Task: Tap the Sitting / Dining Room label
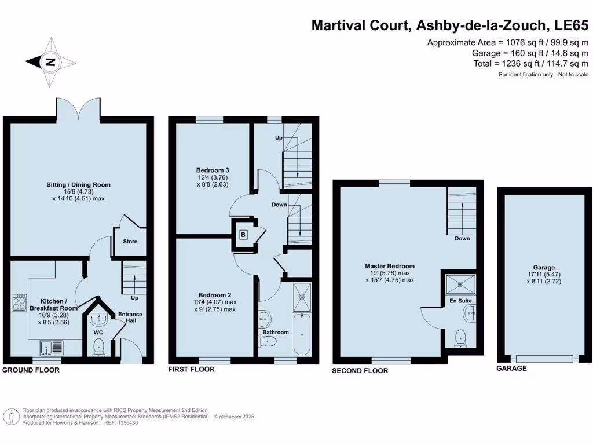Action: pyautogui.click(x=78, y=185)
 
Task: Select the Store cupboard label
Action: pyautogui.click(x=130, y=241)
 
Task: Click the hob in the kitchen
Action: pyautogui.click(x=19, y=302)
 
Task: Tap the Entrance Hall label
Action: pyautogui.click(x=130, y=318)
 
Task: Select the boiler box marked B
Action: pyautogui.click(x=243, y=235)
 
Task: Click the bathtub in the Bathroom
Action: pyautogui.click(x=302, y=334)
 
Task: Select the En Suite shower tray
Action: pyautogui.click(x=461, y=284)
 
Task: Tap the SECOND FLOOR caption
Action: pyautogui.click(x=360, y=371)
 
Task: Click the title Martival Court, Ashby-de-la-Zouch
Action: pyautogui.click(x=429, y=25)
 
